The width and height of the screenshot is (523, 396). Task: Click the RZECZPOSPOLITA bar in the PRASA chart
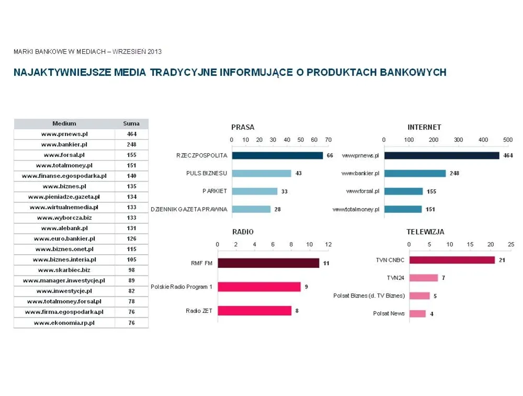tap(277, 155)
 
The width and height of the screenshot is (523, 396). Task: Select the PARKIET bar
tap(254, 191)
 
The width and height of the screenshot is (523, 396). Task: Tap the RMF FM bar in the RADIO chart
tap(268, 263)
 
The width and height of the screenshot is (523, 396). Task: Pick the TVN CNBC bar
tap(452, 260)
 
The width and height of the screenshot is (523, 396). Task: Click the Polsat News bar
tap(417, 314)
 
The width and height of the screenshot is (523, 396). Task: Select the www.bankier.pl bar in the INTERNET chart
tap(415, 173)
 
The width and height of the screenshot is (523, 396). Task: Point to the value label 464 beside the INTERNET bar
tap(508, 155)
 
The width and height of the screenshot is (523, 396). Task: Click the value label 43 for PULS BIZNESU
tap(298, 173)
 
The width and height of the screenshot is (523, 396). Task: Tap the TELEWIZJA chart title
tap(425, 232)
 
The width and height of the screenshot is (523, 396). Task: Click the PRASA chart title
tap(243, 127)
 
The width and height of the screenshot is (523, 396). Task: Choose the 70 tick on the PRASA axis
tap(328, 140)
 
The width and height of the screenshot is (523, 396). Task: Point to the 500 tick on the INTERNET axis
tap(507, 140)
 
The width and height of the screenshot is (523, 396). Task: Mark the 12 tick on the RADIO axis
tap(328, 245)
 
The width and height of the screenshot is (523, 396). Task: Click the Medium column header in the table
tap(64, 123)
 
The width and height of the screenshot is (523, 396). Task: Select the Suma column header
tap(131, 123)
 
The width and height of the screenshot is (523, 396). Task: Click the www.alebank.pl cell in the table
tap(64, 228)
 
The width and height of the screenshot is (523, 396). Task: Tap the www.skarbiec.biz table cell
tap(64, 270)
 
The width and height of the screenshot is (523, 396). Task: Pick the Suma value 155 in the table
tap(131, 155)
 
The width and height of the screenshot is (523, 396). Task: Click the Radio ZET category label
tap(199, 311)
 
